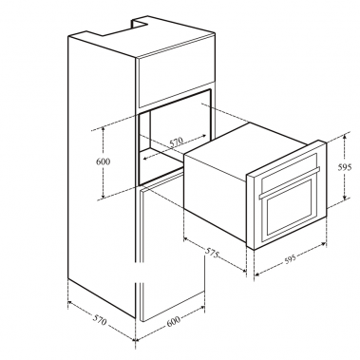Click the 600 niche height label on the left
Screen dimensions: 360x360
coord(104,162)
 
